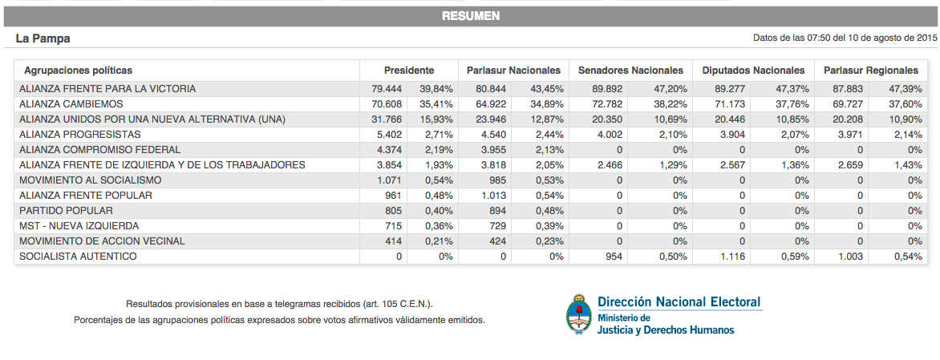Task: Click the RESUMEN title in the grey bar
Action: click(471, 16)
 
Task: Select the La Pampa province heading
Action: click(43, 38)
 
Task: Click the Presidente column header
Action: click(409, 71)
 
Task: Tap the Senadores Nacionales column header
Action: click(630, 71)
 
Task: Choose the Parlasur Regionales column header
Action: click(871, 71)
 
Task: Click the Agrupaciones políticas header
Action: click(78, 71)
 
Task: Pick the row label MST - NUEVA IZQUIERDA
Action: click(79, 226)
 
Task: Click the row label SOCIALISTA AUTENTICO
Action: click(78, 257)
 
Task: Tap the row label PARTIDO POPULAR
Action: click(66, 211)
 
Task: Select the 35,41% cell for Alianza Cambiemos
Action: click(438, 104)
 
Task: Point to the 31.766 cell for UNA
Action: click(386, 119)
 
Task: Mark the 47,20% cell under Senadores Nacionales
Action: click(670, 89)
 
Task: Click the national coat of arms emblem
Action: click(579, 313)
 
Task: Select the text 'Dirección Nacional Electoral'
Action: click(679, 301)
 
